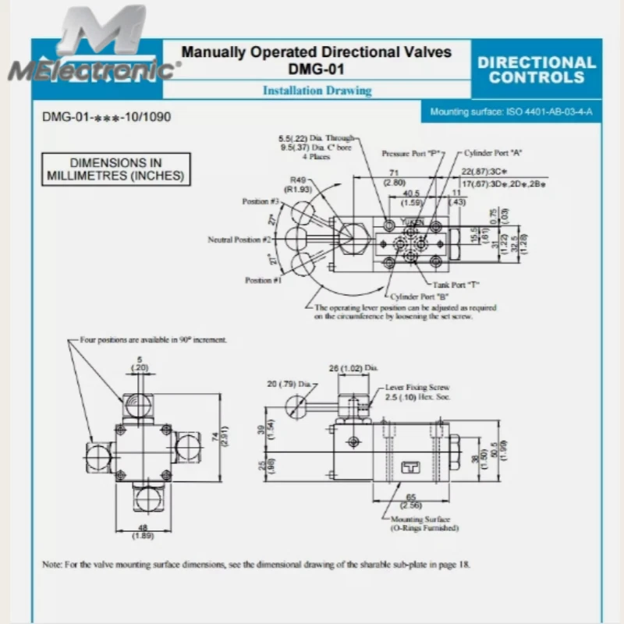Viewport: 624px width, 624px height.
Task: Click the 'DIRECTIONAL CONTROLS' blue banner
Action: [x=536, y=69]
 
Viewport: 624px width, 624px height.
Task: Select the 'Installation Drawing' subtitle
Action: [x=317, y=90]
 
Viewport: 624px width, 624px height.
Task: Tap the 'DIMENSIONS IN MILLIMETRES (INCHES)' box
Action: [x=115, y=169]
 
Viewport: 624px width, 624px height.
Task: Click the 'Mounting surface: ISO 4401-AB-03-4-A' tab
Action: [x=511, y=112]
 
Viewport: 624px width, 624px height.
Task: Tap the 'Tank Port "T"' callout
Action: [x=456, y=285]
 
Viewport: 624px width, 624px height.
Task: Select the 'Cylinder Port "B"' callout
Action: [x=417, y=297]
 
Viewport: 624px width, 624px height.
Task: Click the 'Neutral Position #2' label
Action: [x=239, y=239]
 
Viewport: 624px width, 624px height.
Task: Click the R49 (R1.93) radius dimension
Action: [x=299, y=183]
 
